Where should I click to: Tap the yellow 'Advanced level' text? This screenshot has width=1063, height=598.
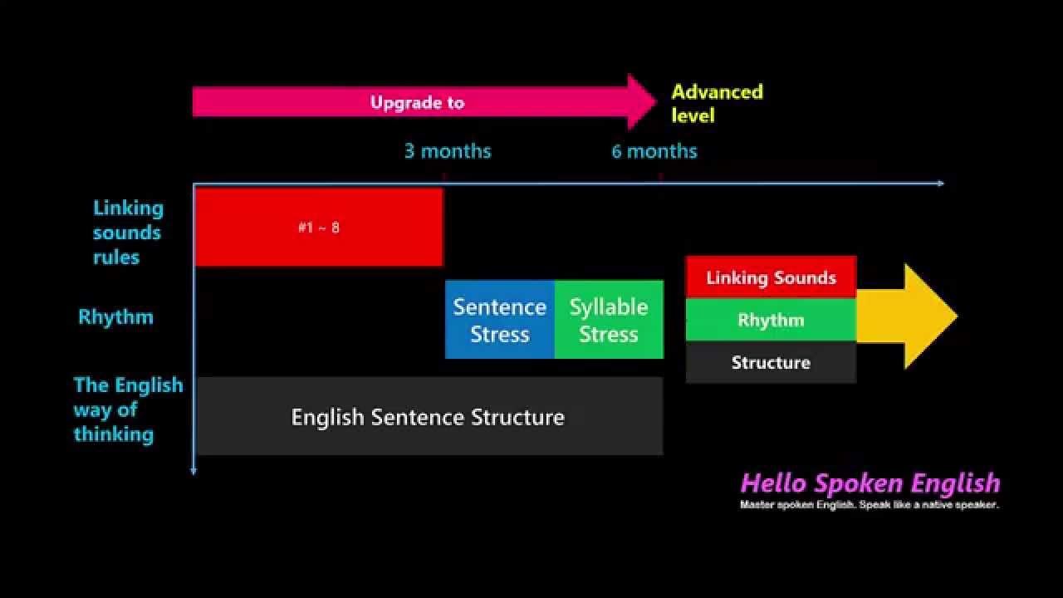tap(717, 103)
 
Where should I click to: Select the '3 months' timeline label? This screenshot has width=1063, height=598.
tap(448, 151)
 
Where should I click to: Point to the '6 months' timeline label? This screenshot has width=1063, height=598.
tap(654, 151)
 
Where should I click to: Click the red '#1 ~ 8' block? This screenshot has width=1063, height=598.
tap(318, 227)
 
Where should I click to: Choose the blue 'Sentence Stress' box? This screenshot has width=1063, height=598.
tap(499, 320)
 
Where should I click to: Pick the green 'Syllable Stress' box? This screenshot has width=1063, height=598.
tap(609, 320)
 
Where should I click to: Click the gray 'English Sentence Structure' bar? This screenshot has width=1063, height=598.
tap(429, 416)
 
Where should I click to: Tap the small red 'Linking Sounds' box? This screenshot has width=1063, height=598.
tap(771, 277)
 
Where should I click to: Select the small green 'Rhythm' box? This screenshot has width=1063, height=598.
tap(771, 320)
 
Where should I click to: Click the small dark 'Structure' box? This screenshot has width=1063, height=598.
tap(771, 362)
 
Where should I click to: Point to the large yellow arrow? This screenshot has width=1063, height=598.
tap(909, 316)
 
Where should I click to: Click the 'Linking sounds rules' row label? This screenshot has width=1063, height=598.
tap(128, 233)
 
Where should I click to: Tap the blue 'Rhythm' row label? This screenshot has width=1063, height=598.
tap(115, 316)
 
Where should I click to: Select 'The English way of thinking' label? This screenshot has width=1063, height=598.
tap(127, 409)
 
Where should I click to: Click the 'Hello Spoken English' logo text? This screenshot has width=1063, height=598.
tap(870, 483)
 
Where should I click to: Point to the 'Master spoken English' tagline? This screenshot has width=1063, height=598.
tap(869, 504)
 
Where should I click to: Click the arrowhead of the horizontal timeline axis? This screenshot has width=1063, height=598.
tap(940, 183)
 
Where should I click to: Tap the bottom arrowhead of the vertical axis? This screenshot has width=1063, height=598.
tap(193, 470)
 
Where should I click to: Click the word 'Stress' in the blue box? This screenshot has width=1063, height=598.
tap(499, 334)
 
